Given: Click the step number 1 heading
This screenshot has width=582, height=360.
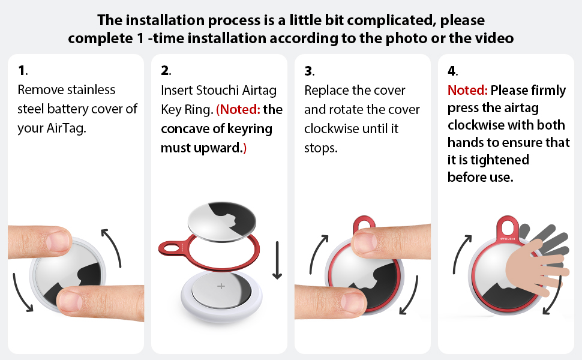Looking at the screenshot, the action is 23,70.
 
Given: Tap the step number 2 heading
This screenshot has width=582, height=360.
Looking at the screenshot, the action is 166,70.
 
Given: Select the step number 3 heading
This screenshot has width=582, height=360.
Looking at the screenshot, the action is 310,71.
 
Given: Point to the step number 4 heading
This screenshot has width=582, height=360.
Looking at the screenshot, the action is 453,71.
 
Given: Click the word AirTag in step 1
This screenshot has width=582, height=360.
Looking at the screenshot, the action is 66,128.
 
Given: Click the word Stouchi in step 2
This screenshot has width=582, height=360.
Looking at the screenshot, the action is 217,90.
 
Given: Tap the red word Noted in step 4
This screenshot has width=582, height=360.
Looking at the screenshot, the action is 467,90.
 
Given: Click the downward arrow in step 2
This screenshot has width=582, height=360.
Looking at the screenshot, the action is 277,260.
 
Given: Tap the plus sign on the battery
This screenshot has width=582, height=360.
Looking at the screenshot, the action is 221,286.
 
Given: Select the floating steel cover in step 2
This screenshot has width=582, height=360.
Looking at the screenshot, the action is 221,222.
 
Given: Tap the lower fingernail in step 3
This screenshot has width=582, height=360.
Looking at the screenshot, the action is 353,301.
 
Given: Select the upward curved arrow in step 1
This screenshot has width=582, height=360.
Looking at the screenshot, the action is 115,247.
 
